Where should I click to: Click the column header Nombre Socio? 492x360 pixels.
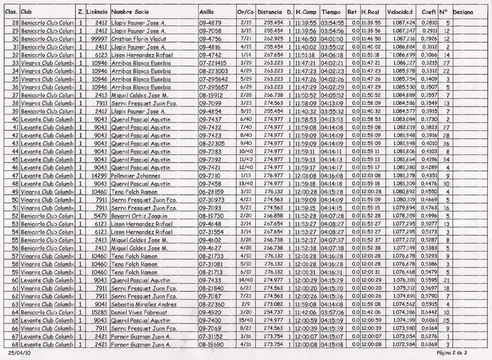(x=130, y=12)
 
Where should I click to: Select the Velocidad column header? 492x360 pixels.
(x=399, y=12)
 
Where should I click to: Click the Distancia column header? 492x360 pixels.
(x=270, y=12)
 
